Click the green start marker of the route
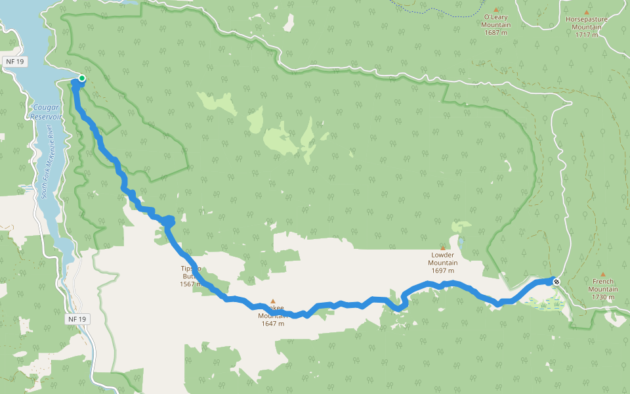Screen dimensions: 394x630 82,79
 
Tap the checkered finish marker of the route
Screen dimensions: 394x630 556,282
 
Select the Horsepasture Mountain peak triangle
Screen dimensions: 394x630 587,12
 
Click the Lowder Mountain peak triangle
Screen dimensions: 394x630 442,248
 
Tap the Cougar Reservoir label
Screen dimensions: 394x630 46,111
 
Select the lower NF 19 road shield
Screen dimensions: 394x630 76,319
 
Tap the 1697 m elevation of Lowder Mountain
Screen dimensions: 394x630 442,271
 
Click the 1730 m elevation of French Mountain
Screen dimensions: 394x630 602,297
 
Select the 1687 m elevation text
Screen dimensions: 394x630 497,33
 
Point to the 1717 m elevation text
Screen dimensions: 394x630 587,35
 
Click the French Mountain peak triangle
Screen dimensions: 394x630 602,274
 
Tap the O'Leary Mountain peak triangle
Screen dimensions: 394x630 496,9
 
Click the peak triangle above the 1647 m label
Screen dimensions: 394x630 272,301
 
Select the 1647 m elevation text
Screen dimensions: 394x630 272,323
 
